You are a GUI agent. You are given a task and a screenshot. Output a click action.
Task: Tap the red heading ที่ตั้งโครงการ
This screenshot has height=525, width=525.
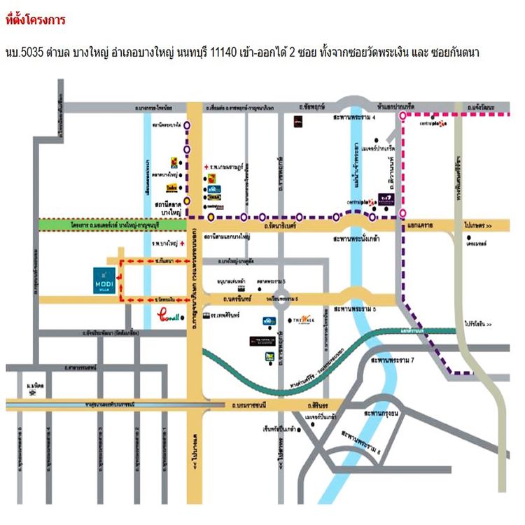point(35,20)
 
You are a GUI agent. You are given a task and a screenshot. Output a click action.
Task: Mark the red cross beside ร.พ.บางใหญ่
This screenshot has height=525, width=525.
point(182,244)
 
